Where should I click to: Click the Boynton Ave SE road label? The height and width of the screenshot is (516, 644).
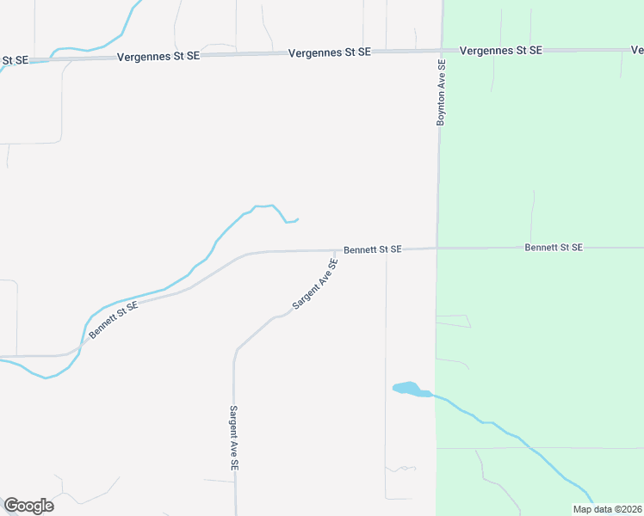pos(441,93)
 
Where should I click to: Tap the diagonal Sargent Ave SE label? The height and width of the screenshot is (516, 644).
pos(315,284)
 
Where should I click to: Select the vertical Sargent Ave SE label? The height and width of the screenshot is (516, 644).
pos(233,438)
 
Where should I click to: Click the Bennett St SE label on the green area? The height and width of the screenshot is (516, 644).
pos(554,248)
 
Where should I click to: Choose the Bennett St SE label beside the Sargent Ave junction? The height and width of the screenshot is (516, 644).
pos(373,249)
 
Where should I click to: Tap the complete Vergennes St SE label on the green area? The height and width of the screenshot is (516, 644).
pos(501,51)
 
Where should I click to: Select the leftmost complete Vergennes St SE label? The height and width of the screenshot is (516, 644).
pos(158,55)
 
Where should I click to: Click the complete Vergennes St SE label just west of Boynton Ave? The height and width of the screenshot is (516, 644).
pos(330,52)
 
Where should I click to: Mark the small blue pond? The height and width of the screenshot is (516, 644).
pos(407,389)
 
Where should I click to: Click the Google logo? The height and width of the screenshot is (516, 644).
pos(28,505)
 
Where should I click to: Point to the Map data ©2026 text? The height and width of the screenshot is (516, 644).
pos(607,509)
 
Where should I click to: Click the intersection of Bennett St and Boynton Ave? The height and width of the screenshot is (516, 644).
pos(437,249)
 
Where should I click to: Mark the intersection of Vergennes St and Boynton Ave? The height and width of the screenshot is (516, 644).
pos(441,51)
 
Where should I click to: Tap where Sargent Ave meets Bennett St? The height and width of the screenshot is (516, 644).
pos(337,251)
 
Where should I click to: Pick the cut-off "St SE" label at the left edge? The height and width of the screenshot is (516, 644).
pos(15,60)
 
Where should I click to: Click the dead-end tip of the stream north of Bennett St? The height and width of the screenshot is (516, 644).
pos(298,219)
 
